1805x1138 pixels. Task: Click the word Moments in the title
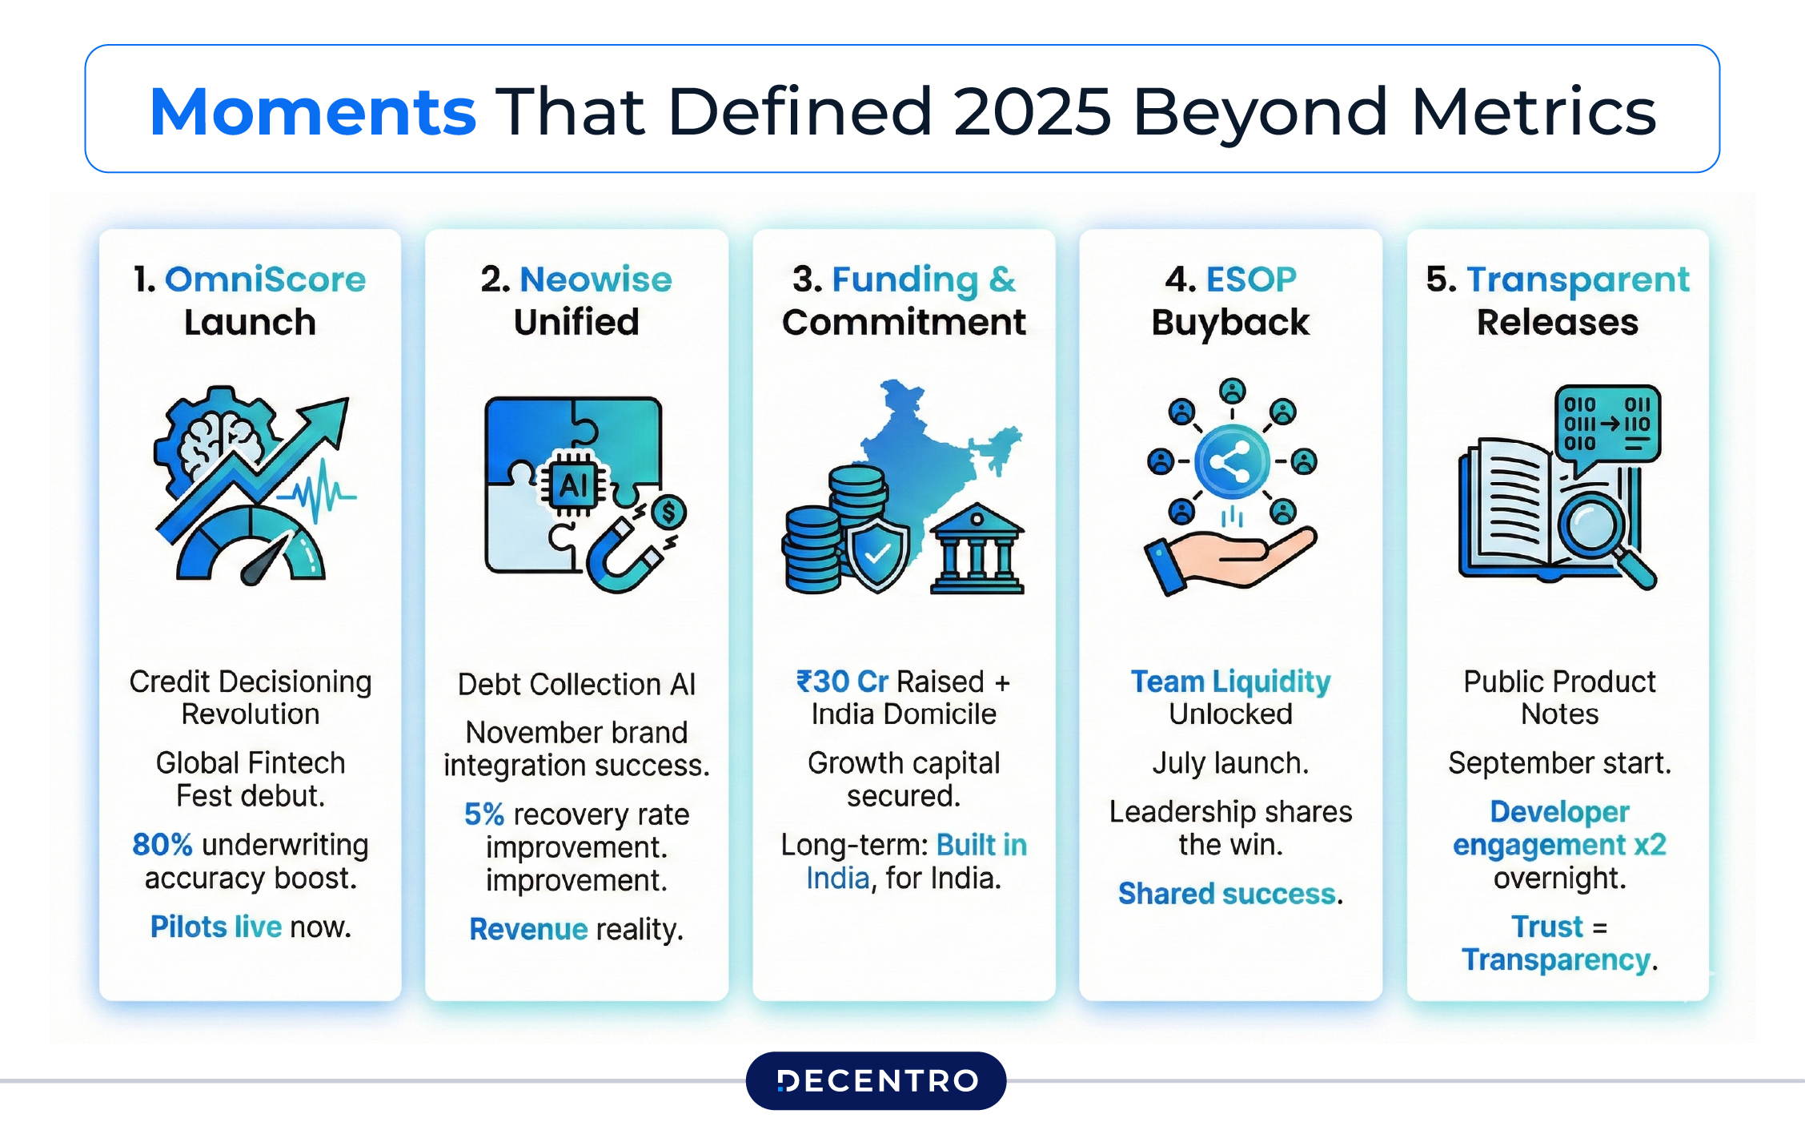[312, 111]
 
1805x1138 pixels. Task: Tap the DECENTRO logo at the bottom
[876, 1080]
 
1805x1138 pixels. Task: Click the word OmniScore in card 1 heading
[265, 279]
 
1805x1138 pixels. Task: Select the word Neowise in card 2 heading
[596, 279]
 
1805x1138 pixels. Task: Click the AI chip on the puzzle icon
[574, 485]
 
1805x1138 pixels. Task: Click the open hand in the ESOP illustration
[1233, 559]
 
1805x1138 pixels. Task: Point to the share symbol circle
[1231, 462]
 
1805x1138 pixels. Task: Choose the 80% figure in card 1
[162, 845]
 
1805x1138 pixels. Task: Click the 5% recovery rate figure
[484, 814]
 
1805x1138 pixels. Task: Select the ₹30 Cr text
[842, 682]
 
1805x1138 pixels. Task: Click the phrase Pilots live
[215, 927]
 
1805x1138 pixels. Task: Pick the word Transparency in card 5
[1555, 959]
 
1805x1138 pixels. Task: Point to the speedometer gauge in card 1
[251, 549]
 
